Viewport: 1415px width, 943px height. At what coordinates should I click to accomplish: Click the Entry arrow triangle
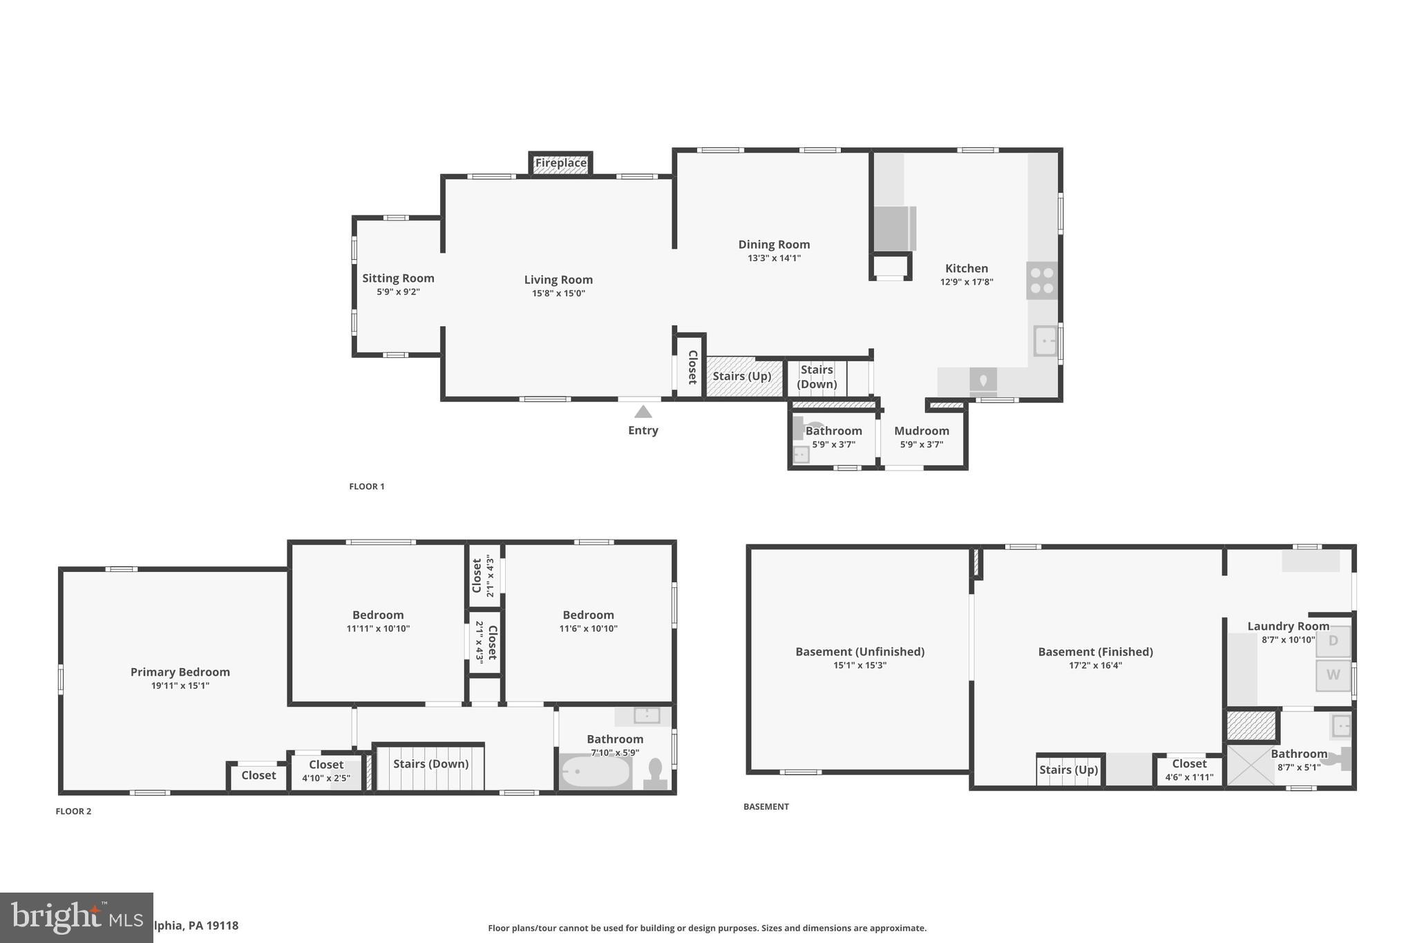click(643, 412)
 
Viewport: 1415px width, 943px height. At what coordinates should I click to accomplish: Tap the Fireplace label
click(560, 163)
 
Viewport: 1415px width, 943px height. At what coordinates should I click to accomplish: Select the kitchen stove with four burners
click(1041, 280)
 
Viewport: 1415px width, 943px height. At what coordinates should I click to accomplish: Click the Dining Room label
click(774, 244)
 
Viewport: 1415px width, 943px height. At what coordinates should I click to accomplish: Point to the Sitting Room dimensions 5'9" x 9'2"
click(398, 292)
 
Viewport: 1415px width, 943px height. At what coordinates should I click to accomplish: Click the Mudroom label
click(921, 430)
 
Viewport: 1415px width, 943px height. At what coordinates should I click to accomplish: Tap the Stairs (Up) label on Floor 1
click(741, 376)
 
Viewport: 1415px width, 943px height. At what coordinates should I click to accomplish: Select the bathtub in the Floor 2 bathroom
click(595, 772)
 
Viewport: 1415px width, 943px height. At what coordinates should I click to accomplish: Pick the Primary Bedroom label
click(180, 671)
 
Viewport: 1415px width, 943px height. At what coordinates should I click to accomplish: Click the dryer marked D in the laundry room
click(1333, 640)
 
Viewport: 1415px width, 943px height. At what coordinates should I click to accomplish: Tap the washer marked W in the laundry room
click(1333, 675)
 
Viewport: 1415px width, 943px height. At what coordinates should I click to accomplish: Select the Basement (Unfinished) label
click(860, 651)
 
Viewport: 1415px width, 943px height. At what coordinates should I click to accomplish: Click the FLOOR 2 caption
click(73, 811)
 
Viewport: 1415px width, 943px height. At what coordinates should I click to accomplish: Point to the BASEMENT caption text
click(766, 806)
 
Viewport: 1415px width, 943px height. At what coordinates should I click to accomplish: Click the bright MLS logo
click(76, 917)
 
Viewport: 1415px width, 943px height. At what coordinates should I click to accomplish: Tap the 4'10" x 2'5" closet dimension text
click(326, 778)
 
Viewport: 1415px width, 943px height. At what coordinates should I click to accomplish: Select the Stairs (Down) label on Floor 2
click(430, 763)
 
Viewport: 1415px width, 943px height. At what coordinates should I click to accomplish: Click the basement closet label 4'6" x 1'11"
click(1189, 777)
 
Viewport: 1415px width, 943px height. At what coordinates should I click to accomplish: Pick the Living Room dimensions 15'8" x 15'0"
click(558, 294)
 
